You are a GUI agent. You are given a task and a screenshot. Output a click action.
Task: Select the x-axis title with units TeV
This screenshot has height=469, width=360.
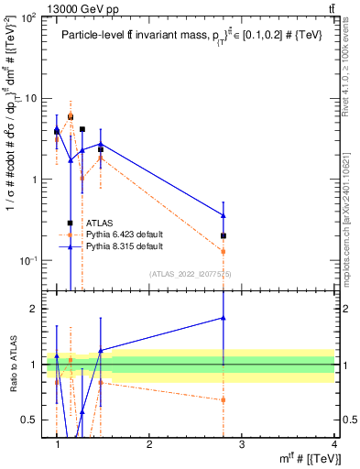(305, 458)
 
